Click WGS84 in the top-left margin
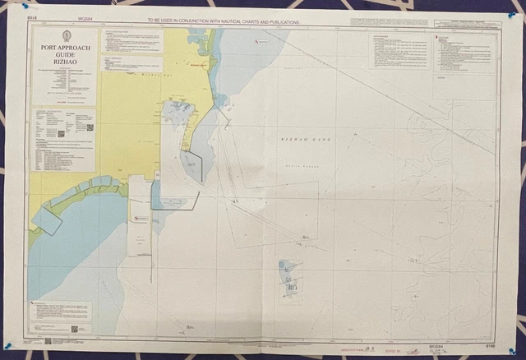pos(86,17)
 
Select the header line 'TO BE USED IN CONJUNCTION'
pos(223,22)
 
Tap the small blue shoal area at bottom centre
pos(289,279)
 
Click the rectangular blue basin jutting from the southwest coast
pos(47,219)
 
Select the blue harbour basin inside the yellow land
pos(178,110)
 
